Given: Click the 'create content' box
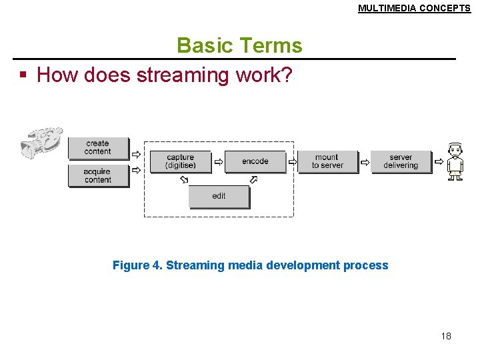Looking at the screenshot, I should point(97,147).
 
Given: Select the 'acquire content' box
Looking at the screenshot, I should point(97,175).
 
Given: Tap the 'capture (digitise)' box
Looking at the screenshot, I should point(181,161).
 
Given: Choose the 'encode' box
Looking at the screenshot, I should point(255,161).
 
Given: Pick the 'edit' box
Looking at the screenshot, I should point(219,196).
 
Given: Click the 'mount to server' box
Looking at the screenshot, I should point(327,161).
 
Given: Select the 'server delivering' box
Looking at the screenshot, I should point(401,161).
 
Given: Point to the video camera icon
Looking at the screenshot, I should point(41,141).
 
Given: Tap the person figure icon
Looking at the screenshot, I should point(455,161).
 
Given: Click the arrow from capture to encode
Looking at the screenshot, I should point(219,161).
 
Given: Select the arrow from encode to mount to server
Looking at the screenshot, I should point(292,161).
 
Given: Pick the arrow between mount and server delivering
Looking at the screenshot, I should point(365,161).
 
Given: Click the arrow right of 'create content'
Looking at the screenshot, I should point(136,154).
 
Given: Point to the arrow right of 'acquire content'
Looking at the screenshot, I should point(136,170).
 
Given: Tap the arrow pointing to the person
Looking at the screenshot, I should point(439,161).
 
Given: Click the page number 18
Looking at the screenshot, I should point(446,336).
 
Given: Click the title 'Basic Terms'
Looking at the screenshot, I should point(239,45).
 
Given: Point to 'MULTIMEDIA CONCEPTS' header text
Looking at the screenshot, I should point(414,9).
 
